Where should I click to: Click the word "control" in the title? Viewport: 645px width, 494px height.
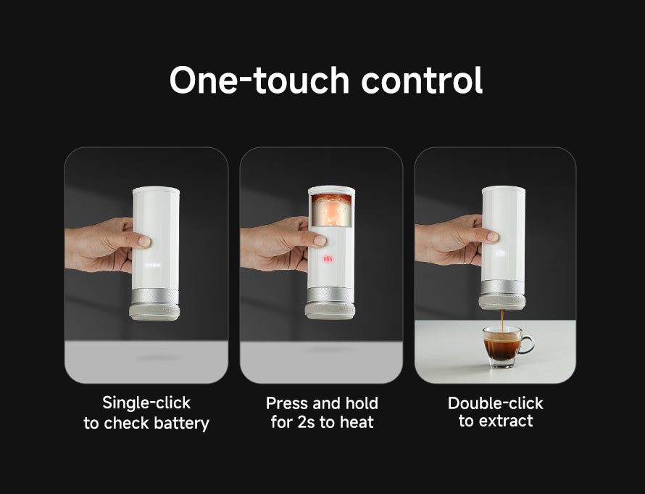coord(422,81)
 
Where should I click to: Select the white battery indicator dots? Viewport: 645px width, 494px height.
coord(153,265)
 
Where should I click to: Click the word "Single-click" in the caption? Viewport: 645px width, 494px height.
coord(146,403)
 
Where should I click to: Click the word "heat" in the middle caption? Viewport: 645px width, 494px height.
coord(356,422)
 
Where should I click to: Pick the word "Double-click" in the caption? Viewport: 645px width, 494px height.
coord(495,403)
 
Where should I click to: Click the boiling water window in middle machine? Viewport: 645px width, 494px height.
coord(331,208)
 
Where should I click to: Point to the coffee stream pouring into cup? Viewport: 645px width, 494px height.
coord(502,319)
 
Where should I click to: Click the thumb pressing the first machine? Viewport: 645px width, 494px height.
coord(143,240)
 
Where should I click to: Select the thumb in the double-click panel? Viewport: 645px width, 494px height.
coord(492,236)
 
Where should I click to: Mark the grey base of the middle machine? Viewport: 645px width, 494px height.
coord(330,311)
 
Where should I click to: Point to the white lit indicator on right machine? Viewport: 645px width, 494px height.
coord(502,254)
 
